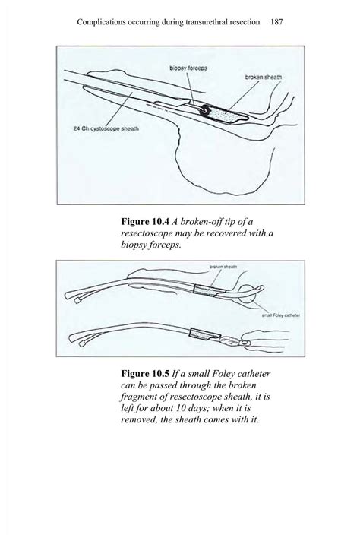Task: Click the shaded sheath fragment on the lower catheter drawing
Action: (x=201, y=334)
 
